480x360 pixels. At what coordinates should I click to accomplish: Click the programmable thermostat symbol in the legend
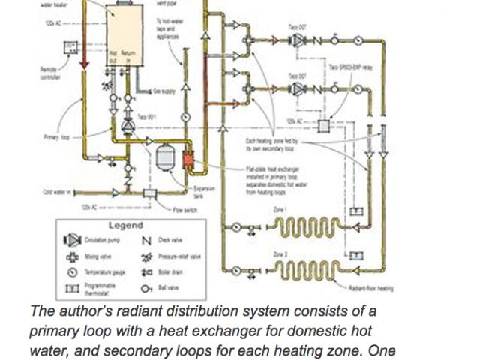[x=73, y=287]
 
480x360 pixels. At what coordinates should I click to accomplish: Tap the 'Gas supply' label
[x=164, y=91]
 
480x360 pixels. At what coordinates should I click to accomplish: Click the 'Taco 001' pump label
[x=147, y=117]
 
